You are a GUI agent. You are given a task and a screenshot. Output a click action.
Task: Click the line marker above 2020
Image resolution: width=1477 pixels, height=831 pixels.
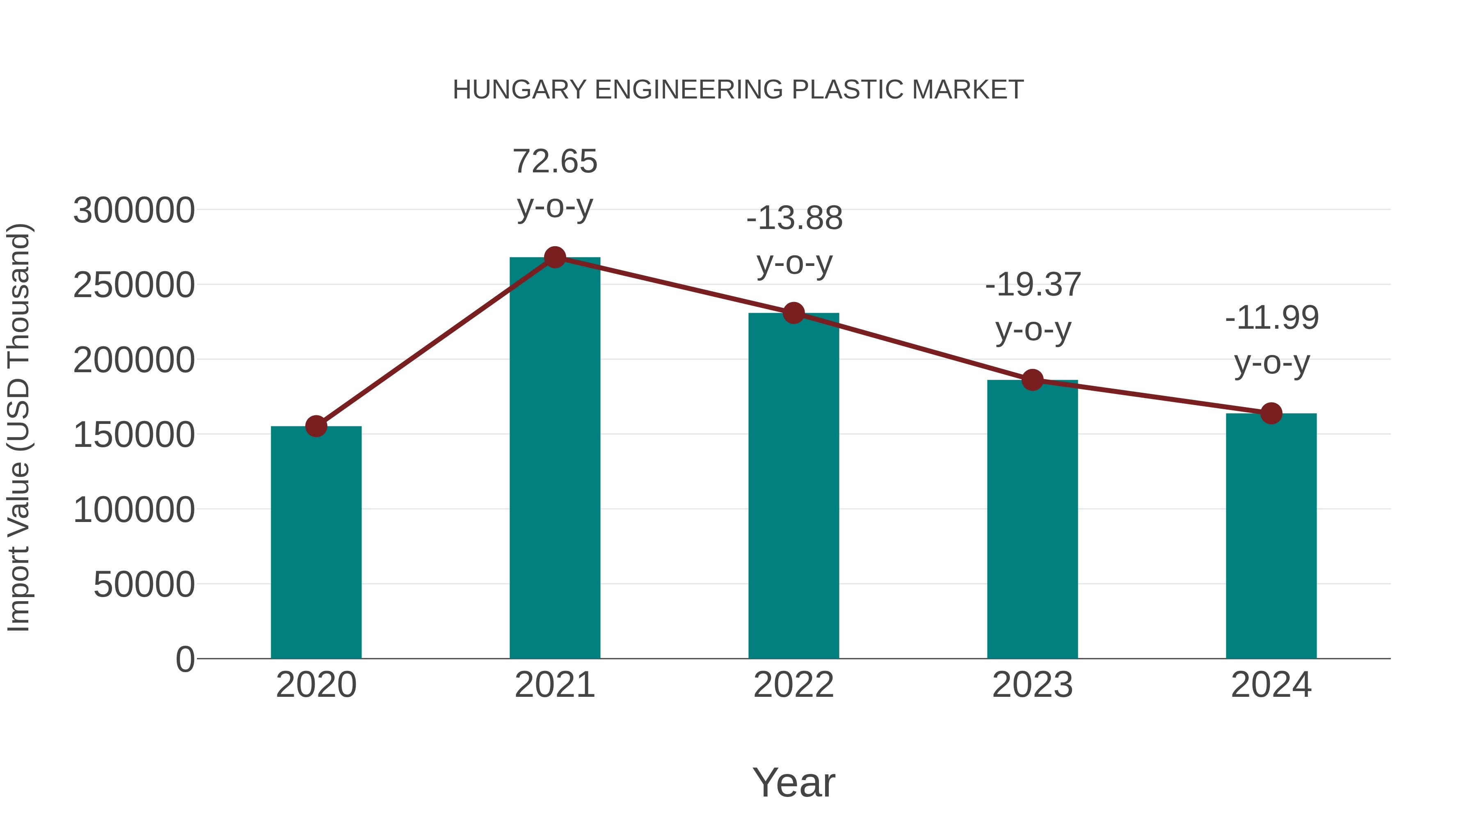316,426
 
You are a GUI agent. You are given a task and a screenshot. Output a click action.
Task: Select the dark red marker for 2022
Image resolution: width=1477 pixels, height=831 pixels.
793,313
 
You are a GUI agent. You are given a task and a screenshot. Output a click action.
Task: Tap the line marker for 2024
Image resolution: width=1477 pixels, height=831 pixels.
1271,413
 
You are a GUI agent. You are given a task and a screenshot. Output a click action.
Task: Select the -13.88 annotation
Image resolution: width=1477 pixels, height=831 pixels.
794,218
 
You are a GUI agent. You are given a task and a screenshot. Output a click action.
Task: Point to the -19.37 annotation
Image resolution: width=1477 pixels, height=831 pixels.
1033,285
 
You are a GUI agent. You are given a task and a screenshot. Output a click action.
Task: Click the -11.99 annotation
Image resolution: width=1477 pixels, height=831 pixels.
1272,318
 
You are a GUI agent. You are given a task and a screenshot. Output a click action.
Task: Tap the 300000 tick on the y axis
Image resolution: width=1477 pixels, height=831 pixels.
134,211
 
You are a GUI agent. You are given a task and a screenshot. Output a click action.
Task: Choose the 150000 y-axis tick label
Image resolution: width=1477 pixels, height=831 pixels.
134,435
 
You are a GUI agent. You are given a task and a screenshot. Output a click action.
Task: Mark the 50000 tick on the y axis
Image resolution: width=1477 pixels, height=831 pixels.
144,585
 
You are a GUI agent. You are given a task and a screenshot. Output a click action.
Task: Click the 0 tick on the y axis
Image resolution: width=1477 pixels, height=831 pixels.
185,659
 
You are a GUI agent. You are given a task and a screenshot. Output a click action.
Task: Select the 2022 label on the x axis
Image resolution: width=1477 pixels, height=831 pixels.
793,685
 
